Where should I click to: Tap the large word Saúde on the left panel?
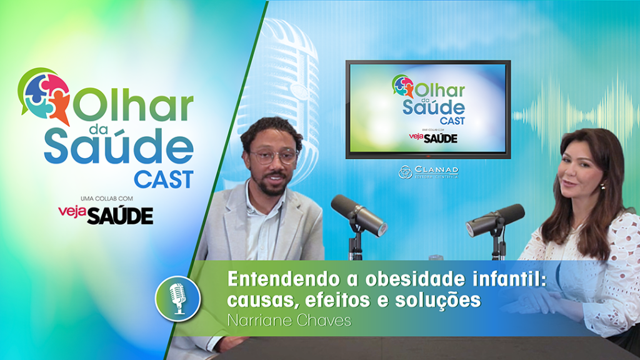coord(119,146)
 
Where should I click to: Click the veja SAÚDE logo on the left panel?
coord(106,214)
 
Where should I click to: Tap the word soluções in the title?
coord(437,300)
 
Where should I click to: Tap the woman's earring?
coord(603,186)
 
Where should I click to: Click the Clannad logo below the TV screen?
coord(429,172)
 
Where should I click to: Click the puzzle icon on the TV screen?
coord(402,86)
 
